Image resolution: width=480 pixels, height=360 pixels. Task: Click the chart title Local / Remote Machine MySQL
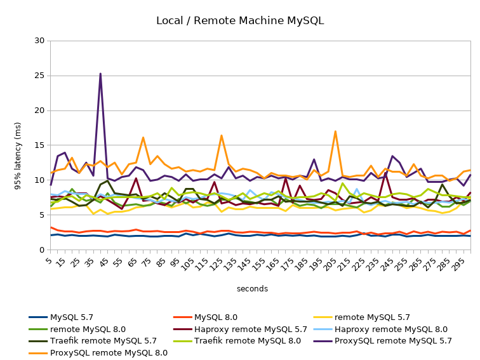[239, 20]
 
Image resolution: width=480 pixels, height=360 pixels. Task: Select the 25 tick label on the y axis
[40, 76]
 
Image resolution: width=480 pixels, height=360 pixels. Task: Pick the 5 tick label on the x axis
[51, 260]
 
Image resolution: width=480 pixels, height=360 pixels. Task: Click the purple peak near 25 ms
[100, 74]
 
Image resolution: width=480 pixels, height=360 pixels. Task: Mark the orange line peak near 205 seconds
[335, 131]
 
